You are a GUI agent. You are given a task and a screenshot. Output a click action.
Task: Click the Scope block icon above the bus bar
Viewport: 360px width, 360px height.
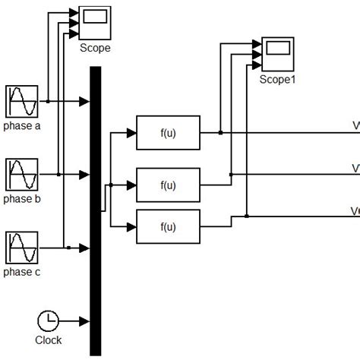tap(95, 23)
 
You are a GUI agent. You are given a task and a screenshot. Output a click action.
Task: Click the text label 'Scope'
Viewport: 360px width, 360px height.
tap(95, 48)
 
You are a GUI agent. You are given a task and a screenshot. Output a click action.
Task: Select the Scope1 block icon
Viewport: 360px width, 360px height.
tap(276, 53)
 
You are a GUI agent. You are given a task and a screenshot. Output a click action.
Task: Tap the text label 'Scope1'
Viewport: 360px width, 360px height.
tap(276, 78)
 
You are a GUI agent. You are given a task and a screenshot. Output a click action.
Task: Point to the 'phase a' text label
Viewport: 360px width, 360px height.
tap(22, 126)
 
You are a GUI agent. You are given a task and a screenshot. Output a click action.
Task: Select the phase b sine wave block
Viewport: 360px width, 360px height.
tap(21, 175)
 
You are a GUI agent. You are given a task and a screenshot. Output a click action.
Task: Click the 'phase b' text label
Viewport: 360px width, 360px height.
tap(22, 200)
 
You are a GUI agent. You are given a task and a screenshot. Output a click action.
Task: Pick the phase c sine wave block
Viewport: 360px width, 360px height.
tap(21, 248)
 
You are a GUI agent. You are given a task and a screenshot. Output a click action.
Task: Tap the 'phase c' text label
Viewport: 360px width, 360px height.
tap(22, 273)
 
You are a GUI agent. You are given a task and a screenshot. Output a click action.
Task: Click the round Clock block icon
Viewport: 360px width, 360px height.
tap(48, 321)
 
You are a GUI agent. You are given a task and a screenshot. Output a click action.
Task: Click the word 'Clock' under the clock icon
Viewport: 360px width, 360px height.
tap(48, 340)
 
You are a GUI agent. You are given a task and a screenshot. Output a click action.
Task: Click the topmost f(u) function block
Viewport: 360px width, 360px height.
tap(168, 132)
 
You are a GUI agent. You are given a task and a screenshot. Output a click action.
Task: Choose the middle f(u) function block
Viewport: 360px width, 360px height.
tap(168, 185)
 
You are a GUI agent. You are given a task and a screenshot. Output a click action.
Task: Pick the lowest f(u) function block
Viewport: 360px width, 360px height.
tap(168, 226)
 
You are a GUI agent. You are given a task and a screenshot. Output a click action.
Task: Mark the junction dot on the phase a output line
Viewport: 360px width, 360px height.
tap(47, 101)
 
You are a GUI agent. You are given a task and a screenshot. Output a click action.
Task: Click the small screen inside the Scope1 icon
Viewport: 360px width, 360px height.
tap(279, 49)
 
